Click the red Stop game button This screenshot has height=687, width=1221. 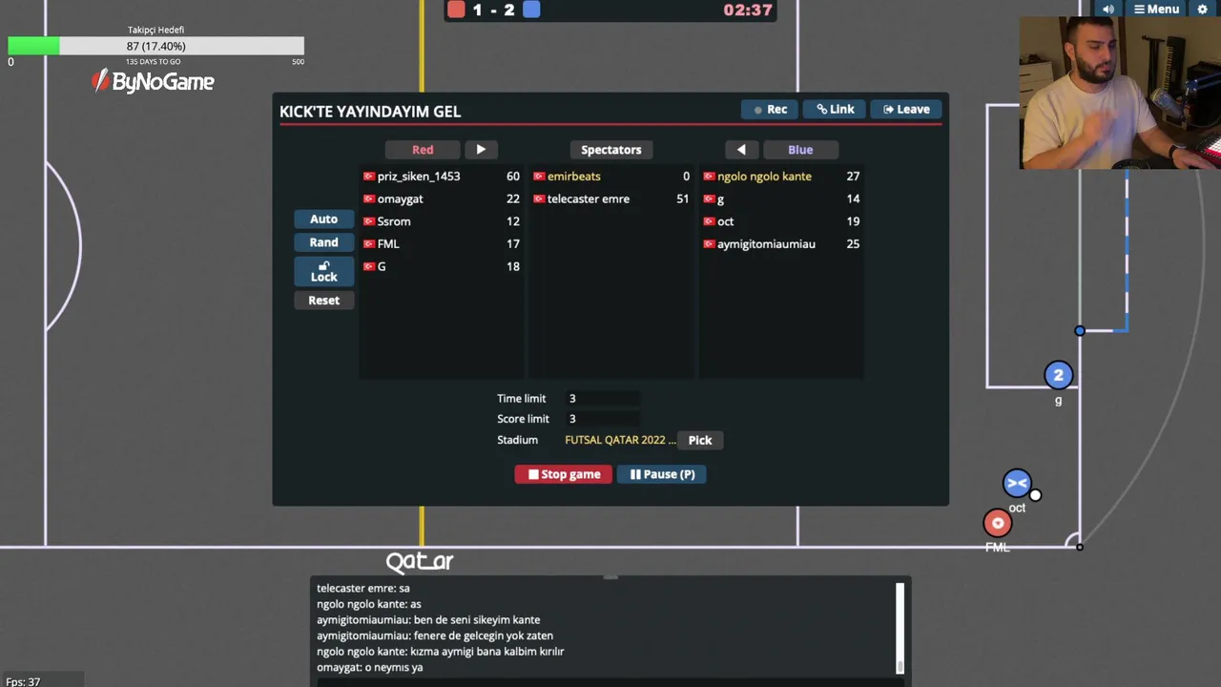pyautogui.click(x=563, y=474)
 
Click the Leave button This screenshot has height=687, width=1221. pyautogui.click(x=906, y=109)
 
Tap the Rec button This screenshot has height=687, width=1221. pyautogui.click(x=770, y=109)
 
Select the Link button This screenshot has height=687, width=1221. pyautogui.click(x=835, y=109)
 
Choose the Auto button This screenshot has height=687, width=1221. pyautogui.click(x=323, y=219)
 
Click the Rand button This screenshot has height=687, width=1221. pyautogui.click(x=323, y=242)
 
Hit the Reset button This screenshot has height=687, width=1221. pyautogui.click(x=323, y=301)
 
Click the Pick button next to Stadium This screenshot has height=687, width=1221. pyautogui.click(x=700, y=440)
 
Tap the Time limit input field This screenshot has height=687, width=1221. pyautogui.click(x=603, y=399)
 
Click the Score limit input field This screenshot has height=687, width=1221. pyautogui.click(x=603, y=419)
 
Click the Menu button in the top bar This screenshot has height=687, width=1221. pyautogui.click(x=1156, y=9)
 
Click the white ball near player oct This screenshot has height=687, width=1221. pyautogui.click(x=1035, y=495)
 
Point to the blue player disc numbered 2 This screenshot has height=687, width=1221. pyautogui.click(x=1059, y=375)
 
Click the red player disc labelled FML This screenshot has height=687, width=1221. pyautogui.click(x=998, y=524)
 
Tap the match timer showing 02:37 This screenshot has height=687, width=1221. pyautogui.click(x=747, y=10)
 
